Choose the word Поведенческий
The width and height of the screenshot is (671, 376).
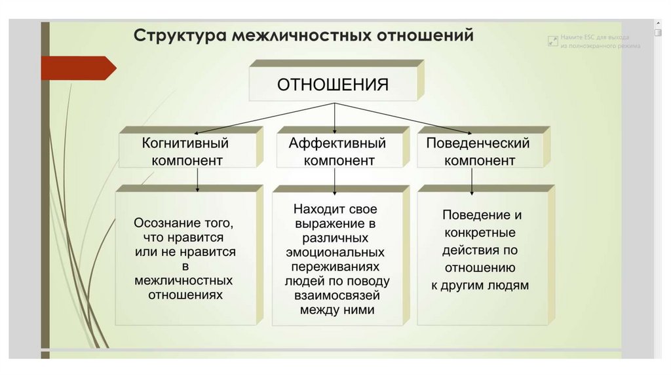coord(478,143)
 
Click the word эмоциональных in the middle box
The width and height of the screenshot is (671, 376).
coord(335,252)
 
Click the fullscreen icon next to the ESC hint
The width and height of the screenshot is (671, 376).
coord(552,41)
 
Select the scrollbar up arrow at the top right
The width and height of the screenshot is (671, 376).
coord(659,23)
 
